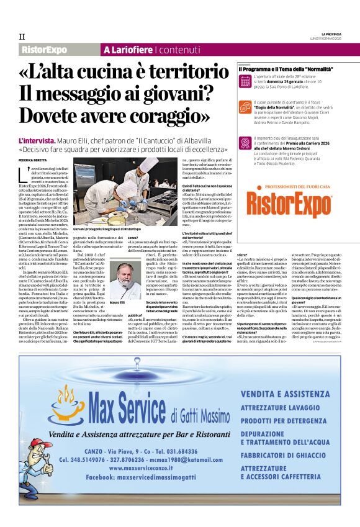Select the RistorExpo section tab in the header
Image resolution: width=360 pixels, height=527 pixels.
[x=44, y=49]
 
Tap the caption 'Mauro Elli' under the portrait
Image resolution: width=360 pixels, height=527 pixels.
[x=117, y=302]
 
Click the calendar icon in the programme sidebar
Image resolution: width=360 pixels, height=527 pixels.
[x=245, y=81]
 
